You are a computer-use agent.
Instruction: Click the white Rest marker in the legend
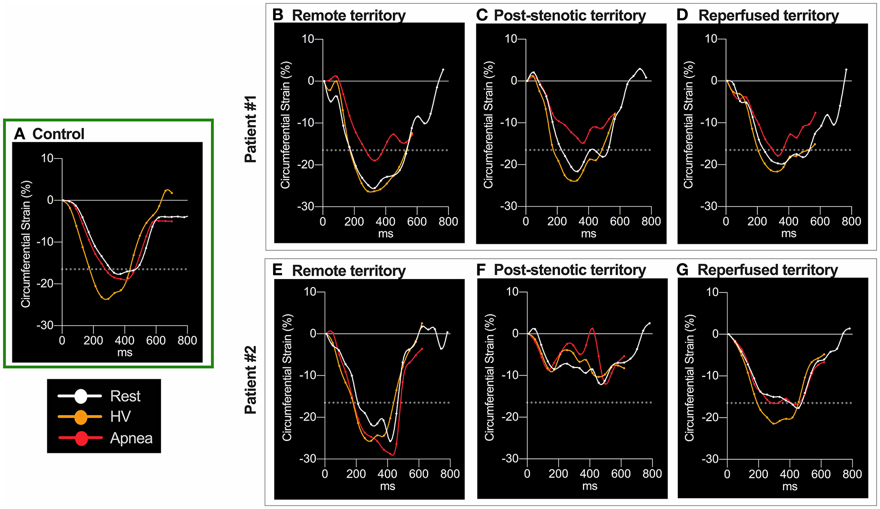coord(81,396)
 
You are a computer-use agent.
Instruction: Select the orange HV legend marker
coord(81,417)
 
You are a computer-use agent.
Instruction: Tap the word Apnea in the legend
coord(131,438)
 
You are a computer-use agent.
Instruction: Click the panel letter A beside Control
coord(19,134)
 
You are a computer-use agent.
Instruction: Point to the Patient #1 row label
coord(251,129)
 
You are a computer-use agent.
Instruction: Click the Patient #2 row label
coord(251,380)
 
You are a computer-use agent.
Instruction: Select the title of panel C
coord(570,15)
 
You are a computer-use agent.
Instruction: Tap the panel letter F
coord(481,270)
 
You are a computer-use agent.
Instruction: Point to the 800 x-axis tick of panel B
coord(448,222)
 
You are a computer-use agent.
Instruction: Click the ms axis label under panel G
coord(790,487)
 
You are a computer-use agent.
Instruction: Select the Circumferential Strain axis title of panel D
coord(688,125)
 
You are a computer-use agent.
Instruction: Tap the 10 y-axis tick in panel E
coord(310,292)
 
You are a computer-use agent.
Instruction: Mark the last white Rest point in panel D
coord(846,70)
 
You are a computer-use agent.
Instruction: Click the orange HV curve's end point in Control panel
coord(172,193)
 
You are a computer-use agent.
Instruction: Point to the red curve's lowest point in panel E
coord(393,454)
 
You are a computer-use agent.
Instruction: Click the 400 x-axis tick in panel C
coord(588,222)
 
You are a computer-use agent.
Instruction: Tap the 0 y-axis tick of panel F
coord(515,334)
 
